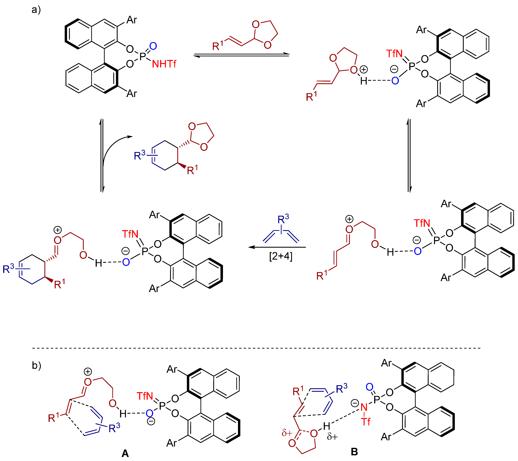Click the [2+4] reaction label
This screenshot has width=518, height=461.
coord(281,256)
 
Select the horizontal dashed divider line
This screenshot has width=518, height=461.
coord(256,348)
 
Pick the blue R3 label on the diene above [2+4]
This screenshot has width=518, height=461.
coord(283,219)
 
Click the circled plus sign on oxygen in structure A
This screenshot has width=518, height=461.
coord(88,372)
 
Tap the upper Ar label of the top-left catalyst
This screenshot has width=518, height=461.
coord(131,20)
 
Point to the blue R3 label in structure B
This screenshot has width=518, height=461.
coord(341,388)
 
